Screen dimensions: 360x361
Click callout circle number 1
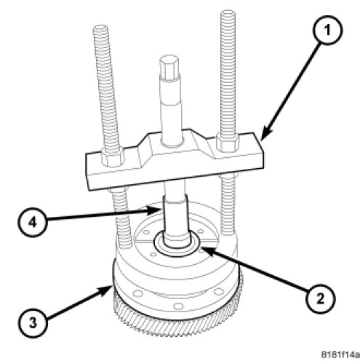pyautogui.click(x=328, y=30)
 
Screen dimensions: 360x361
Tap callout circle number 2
pyautogui.click(x=320, y=298)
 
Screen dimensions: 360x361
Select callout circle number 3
pyautogui.click(x=33, y=322)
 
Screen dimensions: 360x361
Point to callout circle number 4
pyautogui.click(x=32, y=222)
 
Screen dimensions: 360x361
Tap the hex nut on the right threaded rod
pyautogui.click(x=228, y=143)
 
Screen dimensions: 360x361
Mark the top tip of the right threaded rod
pyautogui.click(x=228, y=11)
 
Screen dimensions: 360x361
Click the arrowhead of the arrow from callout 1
pyautogui.click(x=265, y=134)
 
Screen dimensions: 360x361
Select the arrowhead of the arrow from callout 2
pyautogui.click(x=205, y=250)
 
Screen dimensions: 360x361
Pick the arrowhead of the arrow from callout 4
pyautogui.click(x=155, y=210)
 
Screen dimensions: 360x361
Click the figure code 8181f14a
pyautogui.click(x=340, y=354)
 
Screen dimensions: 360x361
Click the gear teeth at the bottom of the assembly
pyautogui.click(x=178, y=325)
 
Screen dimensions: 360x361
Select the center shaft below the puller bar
pyautogui.click(x=176, y=216)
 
